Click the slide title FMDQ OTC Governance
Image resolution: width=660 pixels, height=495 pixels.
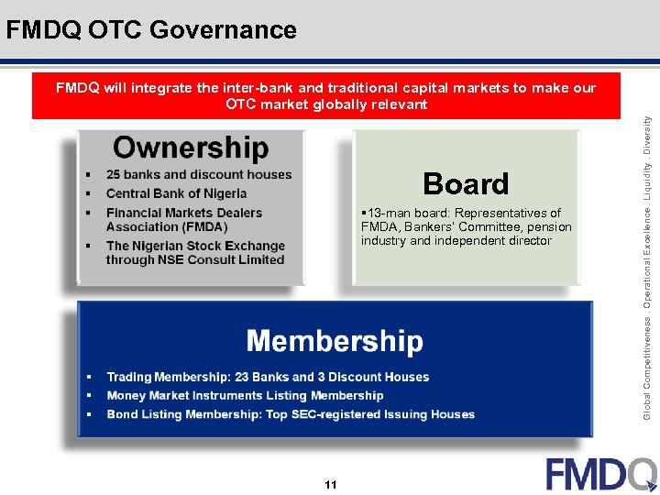coord(151,30)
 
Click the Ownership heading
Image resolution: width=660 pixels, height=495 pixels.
coord(191,148)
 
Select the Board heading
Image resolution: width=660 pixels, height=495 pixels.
coord(466,183)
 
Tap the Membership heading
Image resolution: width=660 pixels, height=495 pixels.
coord(335,342)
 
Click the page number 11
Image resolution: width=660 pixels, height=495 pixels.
coord(331,484)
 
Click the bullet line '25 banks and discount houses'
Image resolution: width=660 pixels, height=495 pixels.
coord(199,174)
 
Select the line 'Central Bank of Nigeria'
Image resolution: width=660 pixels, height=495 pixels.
coord(176,193)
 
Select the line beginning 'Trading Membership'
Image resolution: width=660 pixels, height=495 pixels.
coord(268,377)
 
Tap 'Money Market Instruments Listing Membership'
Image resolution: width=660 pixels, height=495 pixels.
coord(245,396)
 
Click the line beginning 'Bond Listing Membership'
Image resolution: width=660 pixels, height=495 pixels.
coord(291,414)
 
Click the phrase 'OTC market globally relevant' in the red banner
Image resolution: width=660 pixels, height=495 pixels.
coord(326,104)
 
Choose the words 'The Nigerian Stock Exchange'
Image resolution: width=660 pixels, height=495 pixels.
coord(195,246)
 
